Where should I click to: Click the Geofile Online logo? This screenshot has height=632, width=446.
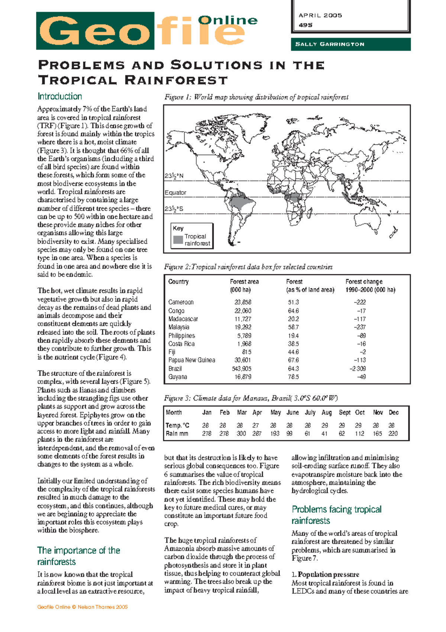[x=147, y=31]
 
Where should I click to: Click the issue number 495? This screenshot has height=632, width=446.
[x=305, y=25]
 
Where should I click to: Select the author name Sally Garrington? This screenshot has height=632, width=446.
[x=329, y=44]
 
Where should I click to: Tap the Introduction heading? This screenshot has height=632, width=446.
[x=59, y=96]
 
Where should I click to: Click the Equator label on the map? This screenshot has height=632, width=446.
[x=175, y=192]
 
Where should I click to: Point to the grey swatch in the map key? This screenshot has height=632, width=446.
[x=178, y=240]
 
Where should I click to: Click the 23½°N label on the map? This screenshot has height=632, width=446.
[x=174, y=176]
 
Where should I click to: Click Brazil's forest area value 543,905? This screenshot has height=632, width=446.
[x=242, y=368]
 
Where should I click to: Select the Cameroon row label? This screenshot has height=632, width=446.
[x=181, y=302]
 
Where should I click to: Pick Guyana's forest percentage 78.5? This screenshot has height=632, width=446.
[x=293, y=377]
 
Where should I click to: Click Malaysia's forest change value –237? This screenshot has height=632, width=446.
[x=359, y=327]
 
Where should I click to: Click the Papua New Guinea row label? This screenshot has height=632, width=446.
[x=191, y=360]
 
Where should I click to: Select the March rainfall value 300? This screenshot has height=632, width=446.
[x=241, y=434]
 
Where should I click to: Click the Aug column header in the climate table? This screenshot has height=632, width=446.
[x=326, y=412]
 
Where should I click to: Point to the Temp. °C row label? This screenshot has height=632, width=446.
[x=177, y=425]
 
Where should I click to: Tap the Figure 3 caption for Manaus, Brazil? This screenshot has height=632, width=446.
[x=251, y=398]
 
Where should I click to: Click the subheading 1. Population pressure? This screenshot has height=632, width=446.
[x=325, y=574]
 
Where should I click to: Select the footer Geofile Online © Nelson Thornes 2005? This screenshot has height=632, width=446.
[x=82, y=607]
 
